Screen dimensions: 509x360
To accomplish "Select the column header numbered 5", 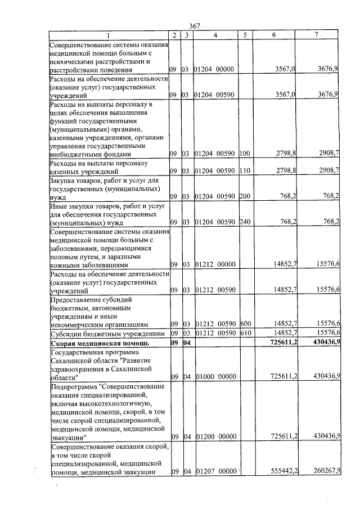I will coord(245,35).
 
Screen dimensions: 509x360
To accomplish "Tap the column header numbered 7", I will coord(317,35).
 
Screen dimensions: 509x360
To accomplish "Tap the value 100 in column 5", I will coord(244,153).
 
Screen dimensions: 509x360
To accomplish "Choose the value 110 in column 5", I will coord(244,170).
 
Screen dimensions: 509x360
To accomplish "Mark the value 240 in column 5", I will coord(244,222).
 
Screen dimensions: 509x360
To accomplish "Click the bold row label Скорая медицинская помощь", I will coord(99,343).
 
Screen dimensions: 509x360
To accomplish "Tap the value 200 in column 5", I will coord(244,196).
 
